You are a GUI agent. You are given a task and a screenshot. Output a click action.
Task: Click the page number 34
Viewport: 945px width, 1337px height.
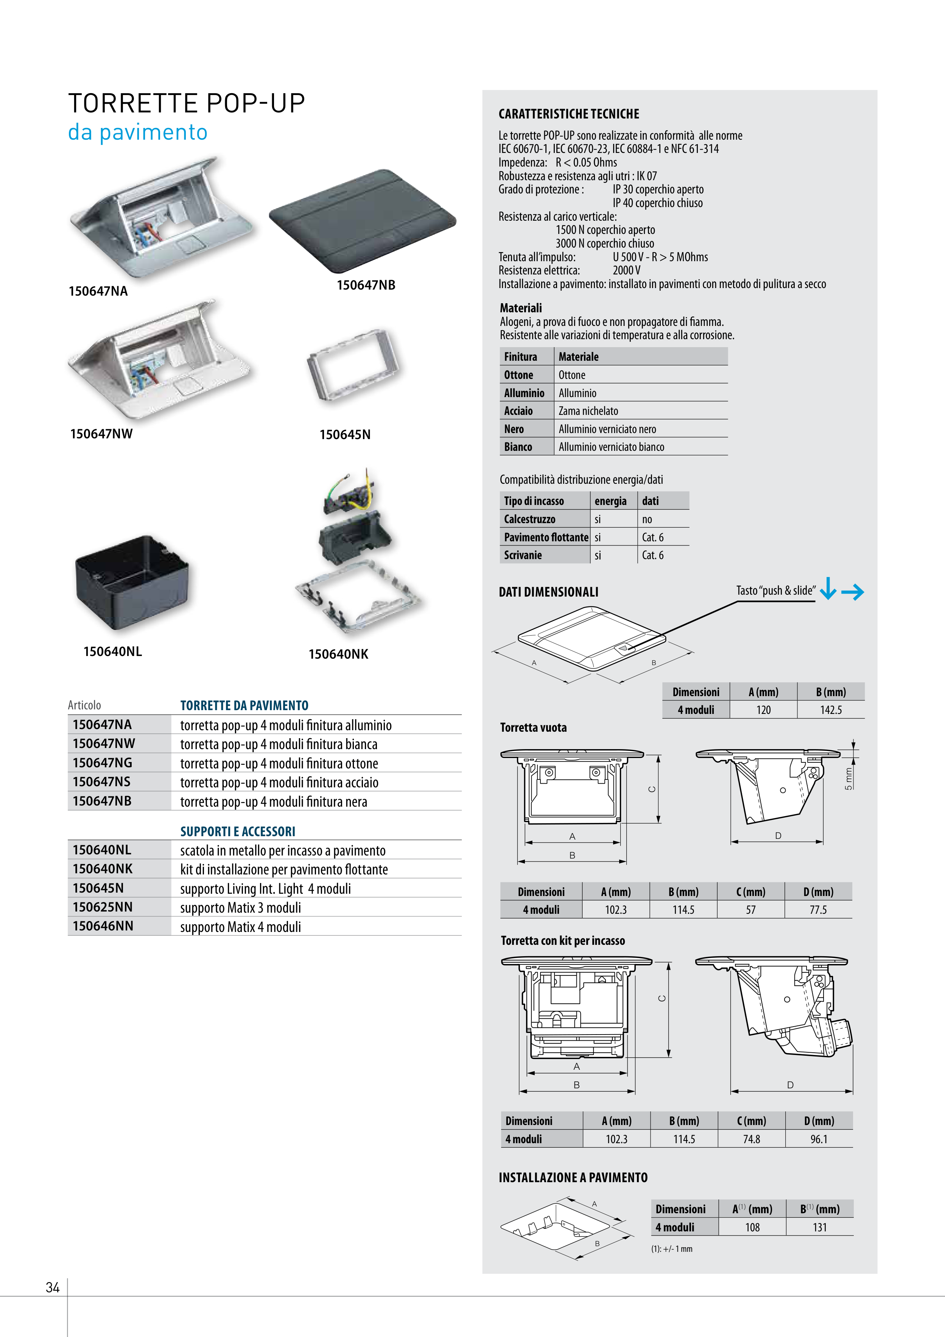click(x=52, y=1287)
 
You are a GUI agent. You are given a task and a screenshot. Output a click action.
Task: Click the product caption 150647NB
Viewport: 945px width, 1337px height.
click(x=366, y=285)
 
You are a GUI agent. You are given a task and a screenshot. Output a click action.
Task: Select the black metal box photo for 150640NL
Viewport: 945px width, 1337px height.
click(x=132, y=582)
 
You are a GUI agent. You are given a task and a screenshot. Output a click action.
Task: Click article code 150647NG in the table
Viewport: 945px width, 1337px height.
click(x=103, y=762)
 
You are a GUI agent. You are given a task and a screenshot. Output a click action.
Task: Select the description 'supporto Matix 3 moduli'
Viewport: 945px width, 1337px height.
click(x=240, y=907)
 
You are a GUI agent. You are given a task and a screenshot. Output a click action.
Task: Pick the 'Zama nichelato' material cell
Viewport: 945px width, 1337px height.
click(x=588, y=411)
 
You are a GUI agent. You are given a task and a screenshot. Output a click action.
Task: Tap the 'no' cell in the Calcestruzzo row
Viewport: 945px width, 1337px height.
click(x=647, y=519)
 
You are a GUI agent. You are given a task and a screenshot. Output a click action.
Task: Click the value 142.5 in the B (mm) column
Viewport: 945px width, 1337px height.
click(x=831, y=710)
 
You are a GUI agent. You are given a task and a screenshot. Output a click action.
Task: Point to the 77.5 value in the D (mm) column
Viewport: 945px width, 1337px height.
click(x=818, y=910)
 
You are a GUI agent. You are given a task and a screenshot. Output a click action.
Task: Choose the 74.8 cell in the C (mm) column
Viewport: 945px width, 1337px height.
click(x=751, y=1139)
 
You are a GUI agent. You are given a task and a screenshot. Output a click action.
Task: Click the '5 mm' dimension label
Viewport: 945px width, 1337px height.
click(x=848, y=779)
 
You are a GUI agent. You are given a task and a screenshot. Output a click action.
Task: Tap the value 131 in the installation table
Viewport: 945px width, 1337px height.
click(x=820, y=1227)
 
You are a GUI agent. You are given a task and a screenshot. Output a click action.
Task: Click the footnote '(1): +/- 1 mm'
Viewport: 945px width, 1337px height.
click(x=672, y=1248)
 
